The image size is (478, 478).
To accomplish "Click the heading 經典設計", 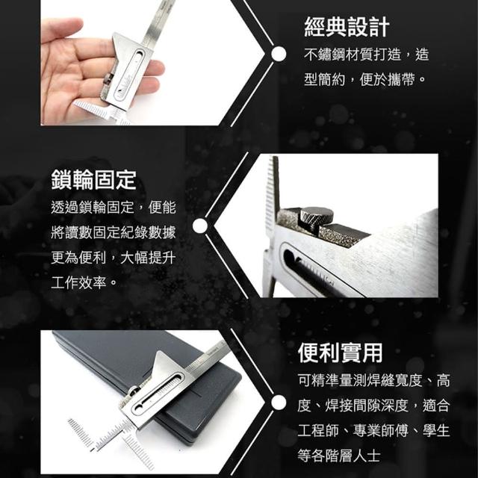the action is pyautogui.click(x=347, y=28).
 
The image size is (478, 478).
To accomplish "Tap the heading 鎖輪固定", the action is pyautogui.click(x=94, y=180).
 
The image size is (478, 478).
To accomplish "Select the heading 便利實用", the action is pyautogui.click(x=341, y=353).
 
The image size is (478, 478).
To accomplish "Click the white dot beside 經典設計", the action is pyautogui.click(x=279, y=55).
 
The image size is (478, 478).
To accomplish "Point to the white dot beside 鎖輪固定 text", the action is pyautogui.click(x=200, y=226).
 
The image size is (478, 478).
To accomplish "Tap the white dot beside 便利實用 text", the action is pyautogui.click(x=279, y=403).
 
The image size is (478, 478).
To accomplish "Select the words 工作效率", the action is pyautogui.click(x=79, y=283).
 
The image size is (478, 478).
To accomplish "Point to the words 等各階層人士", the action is pyautogui.click(x=339, y=456).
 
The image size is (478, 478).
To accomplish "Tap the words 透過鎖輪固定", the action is pyautogui.click(x=93, y=208).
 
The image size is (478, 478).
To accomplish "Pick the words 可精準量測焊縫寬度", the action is pyautogui.click(x=360, y=381).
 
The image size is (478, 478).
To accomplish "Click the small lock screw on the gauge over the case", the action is pyautogui.click(x=134, y=391).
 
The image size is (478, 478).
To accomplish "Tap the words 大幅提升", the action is pyautogui.click(x=148, y=258).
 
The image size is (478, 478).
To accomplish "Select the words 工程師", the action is pyautogui.click(x=319, y=431).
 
